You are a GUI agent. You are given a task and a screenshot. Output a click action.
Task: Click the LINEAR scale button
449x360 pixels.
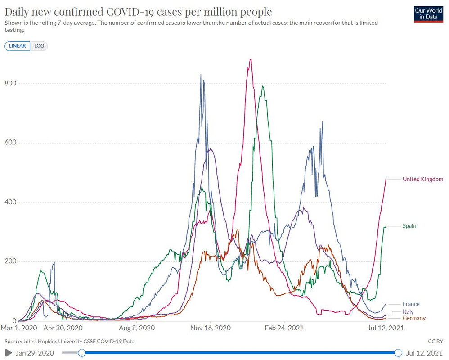pyautogui.click(x=18, y=46)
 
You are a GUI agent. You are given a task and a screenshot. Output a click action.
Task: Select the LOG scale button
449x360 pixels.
pyautogui.click(x=39, y=46)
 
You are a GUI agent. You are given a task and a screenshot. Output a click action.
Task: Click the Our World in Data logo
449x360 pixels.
pyautogui.click(x=428, y=14)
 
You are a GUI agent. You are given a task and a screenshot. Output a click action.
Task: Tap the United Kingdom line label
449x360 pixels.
pyautogui.click(x=422, y=179)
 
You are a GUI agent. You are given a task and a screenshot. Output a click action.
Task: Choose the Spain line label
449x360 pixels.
pyautogui.click(x=409, y=226)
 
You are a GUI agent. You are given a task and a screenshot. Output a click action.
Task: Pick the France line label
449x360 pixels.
pyautogui.click(x=411, y=304)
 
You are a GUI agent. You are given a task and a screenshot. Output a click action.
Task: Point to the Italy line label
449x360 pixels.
pyautogui.click(x=408, y=311)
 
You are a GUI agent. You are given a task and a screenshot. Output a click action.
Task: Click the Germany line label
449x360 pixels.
pyautogui.click(x=414, y=319)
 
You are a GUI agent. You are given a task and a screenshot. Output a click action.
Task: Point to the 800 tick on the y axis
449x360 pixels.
pyautogui.click(x=11, y=83)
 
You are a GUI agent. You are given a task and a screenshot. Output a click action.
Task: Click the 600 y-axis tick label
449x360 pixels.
pyautogui.click(x=11, y=143)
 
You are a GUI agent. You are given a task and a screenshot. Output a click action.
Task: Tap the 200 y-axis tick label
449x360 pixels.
pyautogui.click(x=11, y=261)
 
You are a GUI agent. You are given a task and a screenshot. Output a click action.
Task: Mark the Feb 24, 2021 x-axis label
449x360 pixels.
pyautogui.click(x=285, y=328)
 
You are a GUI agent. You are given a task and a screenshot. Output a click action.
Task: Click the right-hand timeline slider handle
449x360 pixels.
pyautogui.click(x=398, y=353)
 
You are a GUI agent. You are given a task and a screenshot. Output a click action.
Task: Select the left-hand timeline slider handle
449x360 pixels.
pyautogui.click(x=81, y=353)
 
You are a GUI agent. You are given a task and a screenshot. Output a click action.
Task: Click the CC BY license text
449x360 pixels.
pyautogui.click(x=436, y=342)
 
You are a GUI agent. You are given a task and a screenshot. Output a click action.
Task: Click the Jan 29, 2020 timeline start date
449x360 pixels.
pyautogui.click(x=35, y=353)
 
